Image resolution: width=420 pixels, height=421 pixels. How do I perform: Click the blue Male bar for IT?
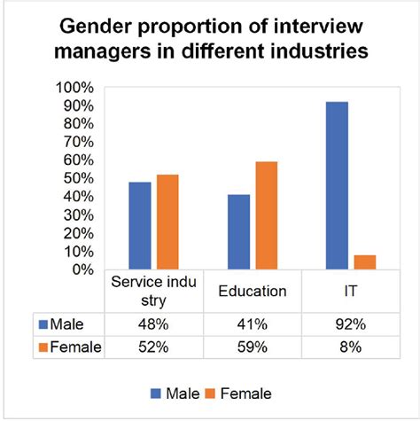click(x=337, y=185)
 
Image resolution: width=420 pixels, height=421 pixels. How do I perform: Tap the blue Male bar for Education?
click(x=238, y=231)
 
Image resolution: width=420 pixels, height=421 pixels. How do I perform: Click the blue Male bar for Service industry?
click(x=140, y=225)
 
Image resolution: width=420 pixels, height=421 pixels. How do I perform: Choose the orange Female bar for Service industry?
click(x=168, y=222)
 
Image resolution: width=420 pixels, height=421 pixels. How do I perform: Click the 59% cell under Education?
click(x=253, y=347)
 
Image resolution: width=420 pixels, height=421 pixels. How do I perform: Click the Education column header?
click(x=253, y=291)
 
